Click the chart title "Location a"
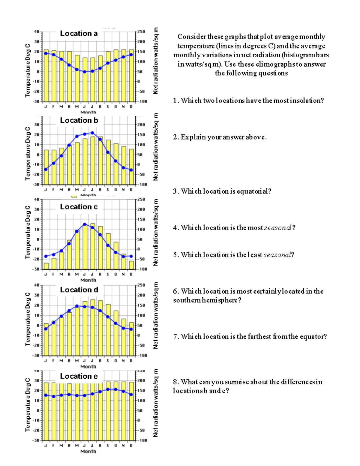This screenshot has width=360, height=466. point(79,34)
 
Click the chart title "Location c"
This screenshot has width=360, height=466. point(79,207)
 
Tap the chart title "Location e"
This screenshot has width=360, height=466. point(79,376)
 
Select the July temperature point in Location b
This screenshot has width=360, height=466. point(92,133)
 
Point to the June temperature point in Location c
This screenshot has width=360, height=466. point(85,224)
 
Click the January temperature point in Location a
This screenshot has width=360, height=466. point(46,53)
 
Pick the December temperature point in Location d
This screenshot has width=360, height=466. point(131,329)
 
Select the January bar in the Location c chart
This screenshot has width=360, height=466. point(46,266)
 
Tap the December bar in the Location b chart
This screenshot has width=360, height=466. point(131,167)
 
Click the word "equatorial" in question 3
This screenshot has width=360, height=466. point(254,191)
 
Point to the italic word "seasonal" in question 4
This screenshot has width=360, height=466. point(277,228)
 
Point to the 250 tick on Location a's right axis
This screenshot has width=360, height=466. point(141,32)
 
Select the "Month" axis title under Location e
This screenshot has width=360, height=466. point(88,451)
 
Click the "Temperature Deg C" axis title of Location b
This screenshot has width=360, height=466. point(28,153)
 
